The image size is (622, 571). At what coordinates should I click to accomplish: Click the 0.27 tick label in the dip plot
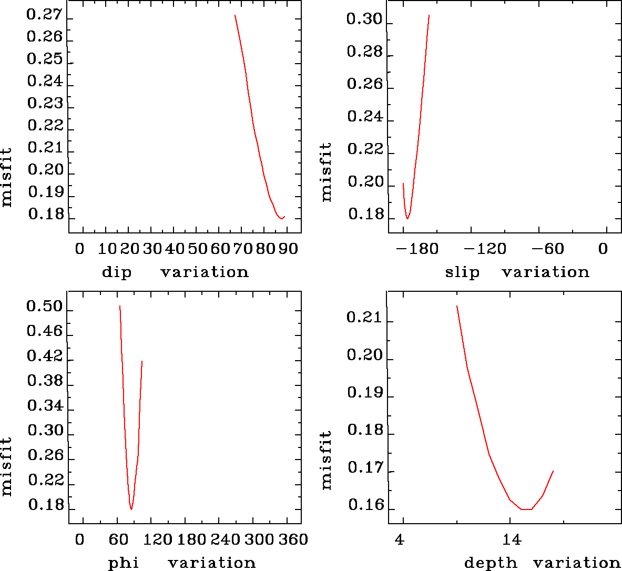point(44,15)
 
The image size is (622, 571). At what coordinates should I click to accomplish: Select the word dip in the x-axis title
point(116,272)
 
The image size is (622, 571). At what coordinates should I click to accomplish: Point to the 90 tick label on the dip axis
point(288,249)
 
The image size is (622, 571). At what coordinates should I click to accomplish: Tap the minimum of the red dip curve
point(281,218)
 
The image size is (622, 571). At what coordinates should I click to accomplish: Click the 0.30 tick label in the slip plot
point(364,20)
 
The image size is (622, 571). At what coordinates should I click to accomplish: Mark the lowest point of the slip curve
point(407,218)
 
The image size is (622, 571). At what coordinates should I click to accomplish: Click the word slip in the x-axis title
point(462,272)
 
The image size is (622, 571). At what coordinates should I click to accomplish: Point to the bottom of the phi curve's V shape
point(131,509)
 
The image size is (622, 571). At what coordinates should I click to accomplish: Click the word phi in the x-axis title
point(124,563)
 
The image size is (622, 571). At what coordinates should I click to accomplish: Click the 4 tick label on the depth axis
point(400,539)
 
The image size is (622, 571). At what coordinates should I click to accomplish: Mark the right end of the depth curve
point(553,471)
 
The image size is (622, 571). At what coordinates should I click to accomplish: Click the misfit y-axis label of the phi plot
point(6,467)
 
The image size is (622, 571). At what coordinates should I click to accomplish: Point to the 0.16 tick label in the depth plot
point(364,506)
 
